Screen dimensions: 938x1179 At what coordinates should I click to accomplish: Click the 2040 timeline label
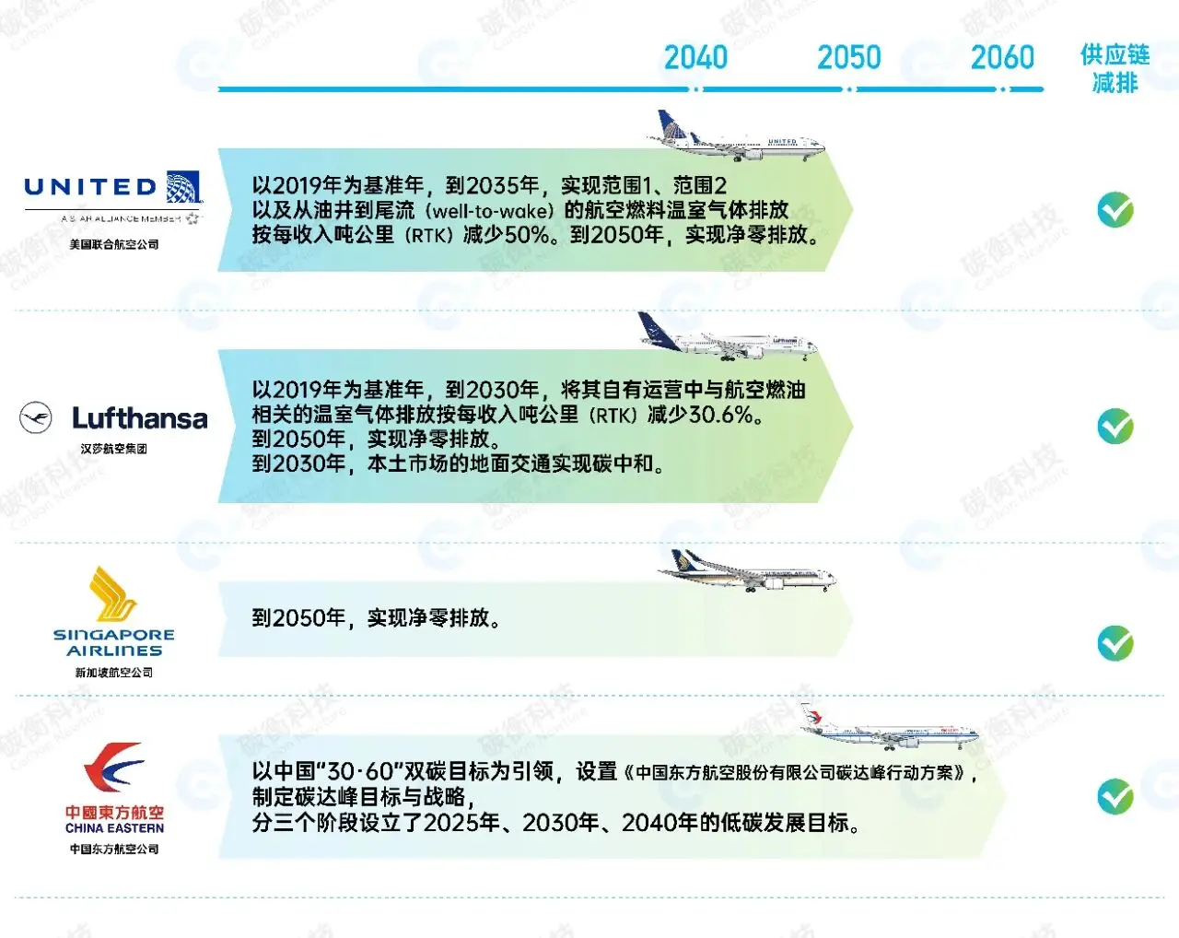(695, 57)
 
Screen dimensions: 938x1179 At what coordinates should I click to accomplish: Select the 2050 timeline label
(848, 57)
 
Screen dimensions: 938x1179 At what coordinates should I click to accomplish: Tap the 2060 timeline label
(1002, 57)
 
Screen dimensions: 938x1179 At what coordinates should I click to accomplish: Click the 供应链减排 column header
(1115, 69)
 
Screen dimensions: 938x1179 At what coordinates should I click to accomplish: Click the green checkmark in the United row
(1115, 210)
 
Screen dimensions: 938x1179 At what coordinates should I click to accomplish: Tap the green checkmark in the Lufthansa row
(1115, 427)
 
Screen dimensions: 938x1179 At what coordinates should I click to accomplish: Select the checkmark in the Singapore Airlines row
(1115, 643)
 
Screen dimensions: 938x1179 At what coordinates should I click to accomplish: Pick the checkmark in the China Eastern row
(1115, 796)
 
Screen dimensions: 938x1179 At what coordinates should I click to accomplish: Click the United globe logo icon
(183, 187)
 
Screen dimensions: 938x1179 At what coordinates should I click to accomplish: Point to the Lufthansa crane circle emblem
(36, 418)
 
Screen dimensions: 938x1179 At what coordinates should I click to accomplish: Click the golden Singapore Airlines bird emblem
(113, 594)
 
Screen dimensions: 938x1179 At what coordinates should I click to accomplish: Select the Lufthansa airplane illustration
(728, 338)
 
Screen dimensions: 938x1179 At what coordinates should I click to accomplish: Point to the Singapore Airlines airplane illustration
(746, 572)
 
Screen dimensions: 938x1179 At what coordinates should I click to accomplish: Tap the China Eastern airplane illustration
(889, 728)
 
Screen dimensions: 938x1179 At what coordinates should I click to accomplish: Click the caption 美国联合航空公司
(114, 244)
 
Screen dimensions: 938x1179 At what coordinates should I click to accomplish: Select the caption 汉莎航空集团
(114, 449)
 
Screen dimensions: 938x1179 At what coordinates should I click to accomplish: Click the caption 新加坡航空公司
(114, 673)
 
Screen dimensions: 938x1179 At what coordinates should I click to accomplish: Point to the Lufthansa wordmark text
(140, 418)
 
